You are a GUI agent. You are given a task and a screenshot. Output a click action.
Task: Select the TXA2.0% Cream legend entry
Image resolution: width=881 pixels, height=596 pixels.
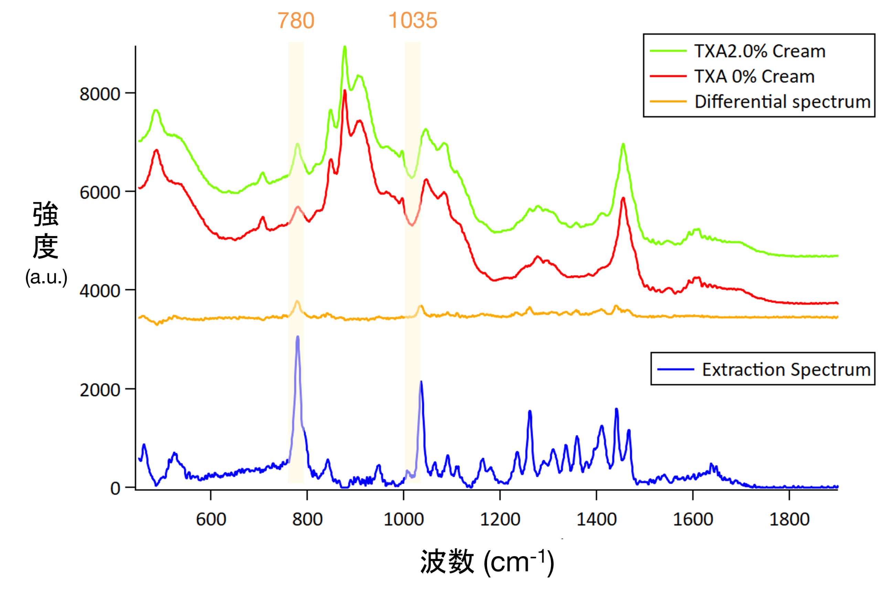(759, 51)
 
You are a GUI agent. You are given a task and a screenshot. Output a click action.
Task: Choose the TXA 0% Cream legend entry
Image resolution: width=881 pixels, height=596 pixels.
(754, 77)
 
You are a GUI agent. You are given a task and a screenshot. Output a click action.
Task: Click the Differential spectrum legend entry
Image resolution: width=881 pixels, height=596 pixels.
(782, 102)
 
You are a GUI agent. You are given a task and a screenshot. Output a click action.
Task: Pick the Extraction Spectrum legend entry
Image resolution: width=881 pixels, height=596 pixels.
(786, 369)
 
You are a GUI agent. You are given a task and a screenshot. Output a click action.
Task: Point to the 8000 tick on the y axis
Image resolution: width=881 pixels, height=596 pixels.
(100, 94)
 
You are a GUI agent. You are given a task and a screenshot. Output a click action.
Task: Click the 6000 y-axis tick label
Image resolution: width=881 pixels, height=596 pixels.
(100, 192)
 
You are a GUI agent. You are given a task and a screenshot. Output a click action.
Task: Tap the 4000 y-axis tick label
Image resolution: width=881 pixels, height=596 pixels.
(100, 291)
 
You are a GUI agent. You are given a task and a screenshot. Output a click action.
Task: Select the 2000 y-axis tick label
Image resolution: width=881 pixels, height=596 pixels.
(100, 390)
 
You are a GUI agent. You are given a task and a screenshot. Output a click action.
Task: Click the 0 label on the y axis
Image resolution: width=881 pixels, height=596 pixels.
(115, 488)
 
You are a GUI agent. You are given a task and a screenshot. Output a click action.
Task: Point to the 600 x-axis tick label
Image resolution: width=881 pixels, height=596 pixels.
(211, 519)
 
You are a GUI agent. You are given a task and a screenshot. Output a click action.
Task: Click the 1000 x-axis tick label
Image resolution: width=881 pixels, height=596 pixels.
(403, 519)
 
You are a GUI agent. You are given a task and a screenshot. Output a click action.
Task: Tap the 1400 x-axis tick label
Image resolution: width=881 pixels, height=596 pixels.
(596, 519)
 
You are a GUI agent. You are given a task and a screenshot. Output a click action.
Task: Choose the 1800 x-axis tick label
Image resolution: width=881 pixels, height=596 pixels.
(789, 519)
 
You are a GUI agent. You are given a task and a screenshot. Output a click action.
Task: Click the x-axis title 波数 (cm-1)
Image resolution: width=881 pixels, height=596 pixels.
(487, 562)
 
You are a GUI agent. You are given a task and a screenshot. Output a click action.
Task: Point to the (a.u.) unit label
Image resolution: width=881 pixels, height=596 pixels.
(46, 277)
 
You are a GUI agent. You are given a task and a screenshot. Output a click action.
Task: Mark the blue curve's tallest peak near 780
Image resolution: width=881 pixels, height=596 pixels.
(298, 337)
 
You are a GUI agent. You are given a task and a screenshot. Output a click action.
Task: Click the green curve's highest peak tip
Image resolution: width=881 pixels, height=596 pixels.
(344, 47)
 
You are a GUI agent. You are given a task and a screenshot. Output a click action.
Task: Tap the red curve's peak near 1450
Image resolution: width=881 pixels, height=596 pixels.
(623, 198)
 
